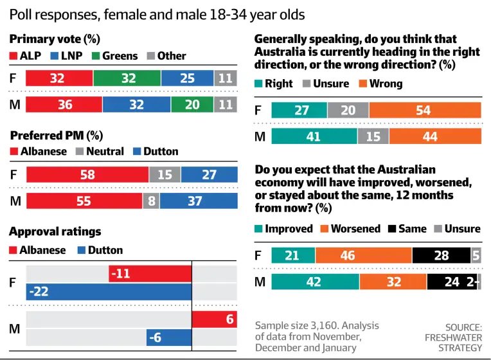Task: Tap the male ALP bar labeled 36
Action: [64, 104]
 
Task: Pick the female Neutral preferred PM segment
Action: [165, 175]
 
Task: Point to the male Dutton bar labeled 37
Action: [198, 201]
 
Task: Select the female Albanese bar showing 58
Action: [87, 175]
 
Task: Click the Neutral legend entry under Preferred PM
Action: [98, 152]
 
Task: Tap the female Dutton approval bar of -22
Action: [109, 292]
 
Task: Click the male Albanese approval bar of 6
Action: [214, 319]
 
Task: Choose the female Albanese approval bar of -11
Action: [150, 274]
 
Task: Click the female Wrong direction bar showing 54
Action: [425, 111]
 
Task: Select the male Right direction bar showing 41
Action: [314, 136]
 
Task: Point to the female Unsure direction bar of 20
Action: [348, 111]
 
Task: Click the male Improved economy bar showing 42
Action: [315, 282]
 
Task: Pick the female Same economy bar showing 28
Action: [441, 256]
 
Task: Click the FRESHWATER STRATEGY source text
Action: [453, 337]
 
